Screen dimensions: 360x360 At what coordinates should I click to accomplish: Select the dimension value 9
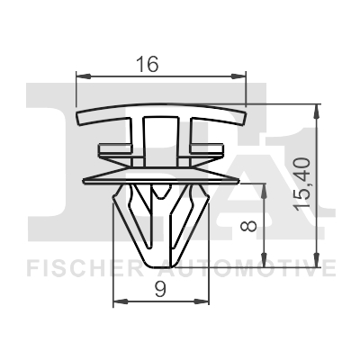point(159,289)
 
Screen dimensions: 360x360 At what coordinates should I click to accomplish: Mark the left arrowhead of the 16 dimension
point(84,78)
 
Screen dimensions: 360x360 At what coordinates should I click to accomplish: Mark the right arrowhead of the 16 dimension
point(240,78)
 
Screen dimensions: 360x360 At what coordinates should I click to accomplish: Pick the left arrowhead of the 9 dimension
point(115,302)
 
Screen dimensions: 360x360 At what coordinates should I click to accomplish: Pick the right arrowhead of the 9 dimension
point(204,302)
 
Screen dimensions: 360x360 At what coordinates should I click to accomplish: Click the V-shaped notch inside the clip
point(159,200)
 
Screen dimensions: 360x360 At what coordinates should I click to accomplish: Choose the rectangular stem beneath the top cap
point(159,139)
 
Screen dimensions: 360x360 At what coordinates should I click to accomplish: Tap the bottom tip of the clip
point(159,256)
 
